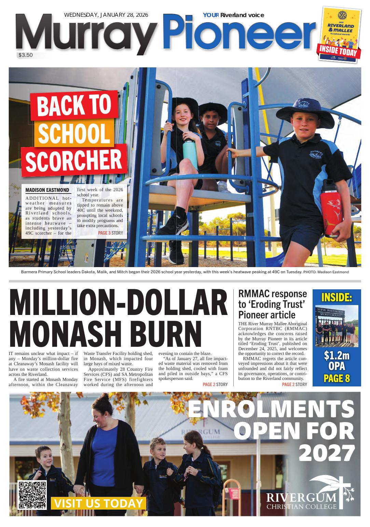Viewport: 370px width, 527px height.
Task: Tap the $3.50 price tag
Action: pyautogui.click(x=26, y=55)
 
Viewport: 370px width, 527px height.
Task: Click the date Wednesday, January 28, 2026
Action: pyautogui.click(x=106, y=15)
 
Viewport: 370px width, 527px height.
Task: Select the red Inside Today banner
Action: pyautogui.click(x=339, y=51)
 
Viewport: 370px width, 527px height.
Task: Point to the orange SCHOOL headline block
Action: pyautogui.click(x=73, y=133)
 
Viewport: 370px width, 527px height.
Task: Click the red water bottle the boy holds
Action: pyautogui.click(x=330, y=209)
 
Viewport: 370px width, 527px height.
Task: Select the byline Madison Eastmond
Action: pyautogui.click(x=47, y=190)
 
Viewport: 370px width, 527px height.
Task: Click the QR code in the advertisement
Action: pyautogui.click(x=32, y=495)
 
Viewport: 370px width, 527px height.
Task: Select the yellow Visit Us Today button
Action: pyautogui.click(x=98, y=503)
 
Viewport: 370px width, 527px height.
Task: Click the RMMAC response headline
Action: pyautogui.click(x=272, y=304)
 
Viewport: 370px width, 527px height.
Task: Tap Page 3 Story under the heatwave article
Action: pyautogui.click(x=110, y=233)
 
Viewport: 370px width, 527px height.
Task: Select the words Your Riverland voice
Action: pyautogui.click(x=233, y=15)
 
